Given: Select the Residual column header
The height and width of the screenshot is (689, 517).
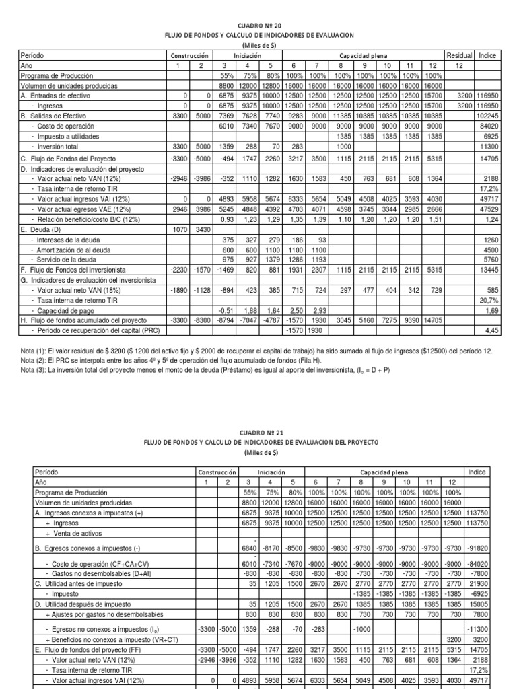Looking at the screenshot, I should coord(458,55).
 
